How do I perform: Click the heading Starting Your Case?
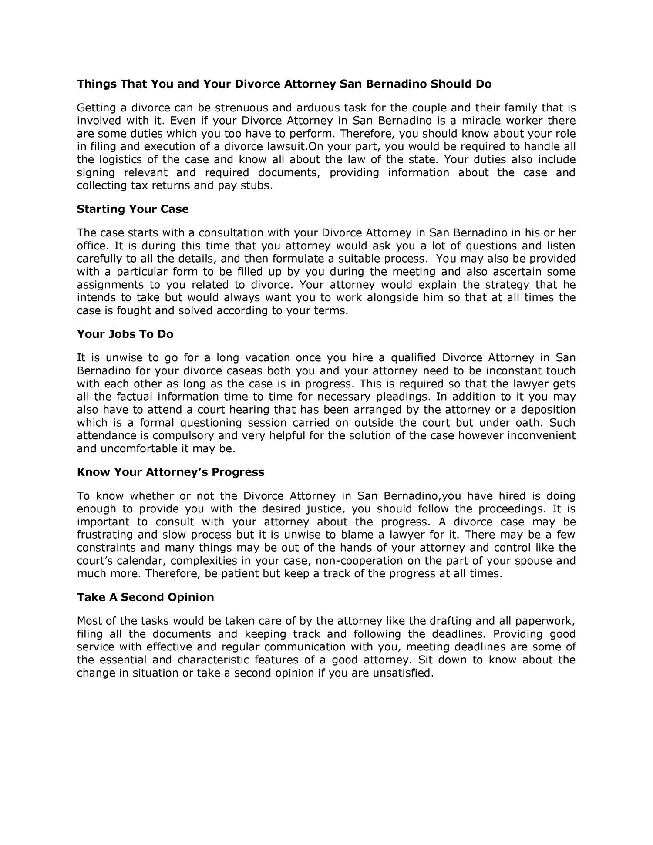pyautogui.click(x=133, y=209)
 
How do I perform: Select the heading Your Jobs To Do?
pyautogui.click(x=125, y=334)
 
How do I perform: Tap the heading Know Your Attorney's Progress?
pyautogui.click(x=171, y=472)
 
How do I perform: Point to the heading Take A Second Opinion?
pyautogui.click(x=145, y=597)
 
